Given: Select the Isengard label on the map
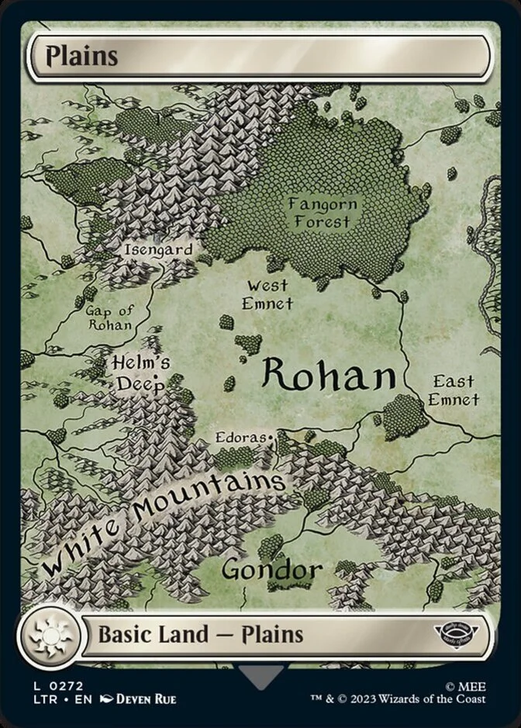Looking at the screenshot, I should (158, 250).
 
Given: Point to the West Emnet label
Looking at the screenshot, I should (267, 295).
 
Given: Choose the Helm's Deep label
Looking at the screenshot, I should (140, 373).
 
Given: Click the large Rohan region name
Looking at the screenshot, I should (329, 376).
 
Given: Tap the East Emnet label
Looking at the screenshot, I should (454, 390).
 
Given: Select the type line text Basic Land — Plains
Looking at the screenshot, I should (200, 634).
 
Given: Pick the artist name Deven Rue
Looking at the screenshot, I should (146, 699).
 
